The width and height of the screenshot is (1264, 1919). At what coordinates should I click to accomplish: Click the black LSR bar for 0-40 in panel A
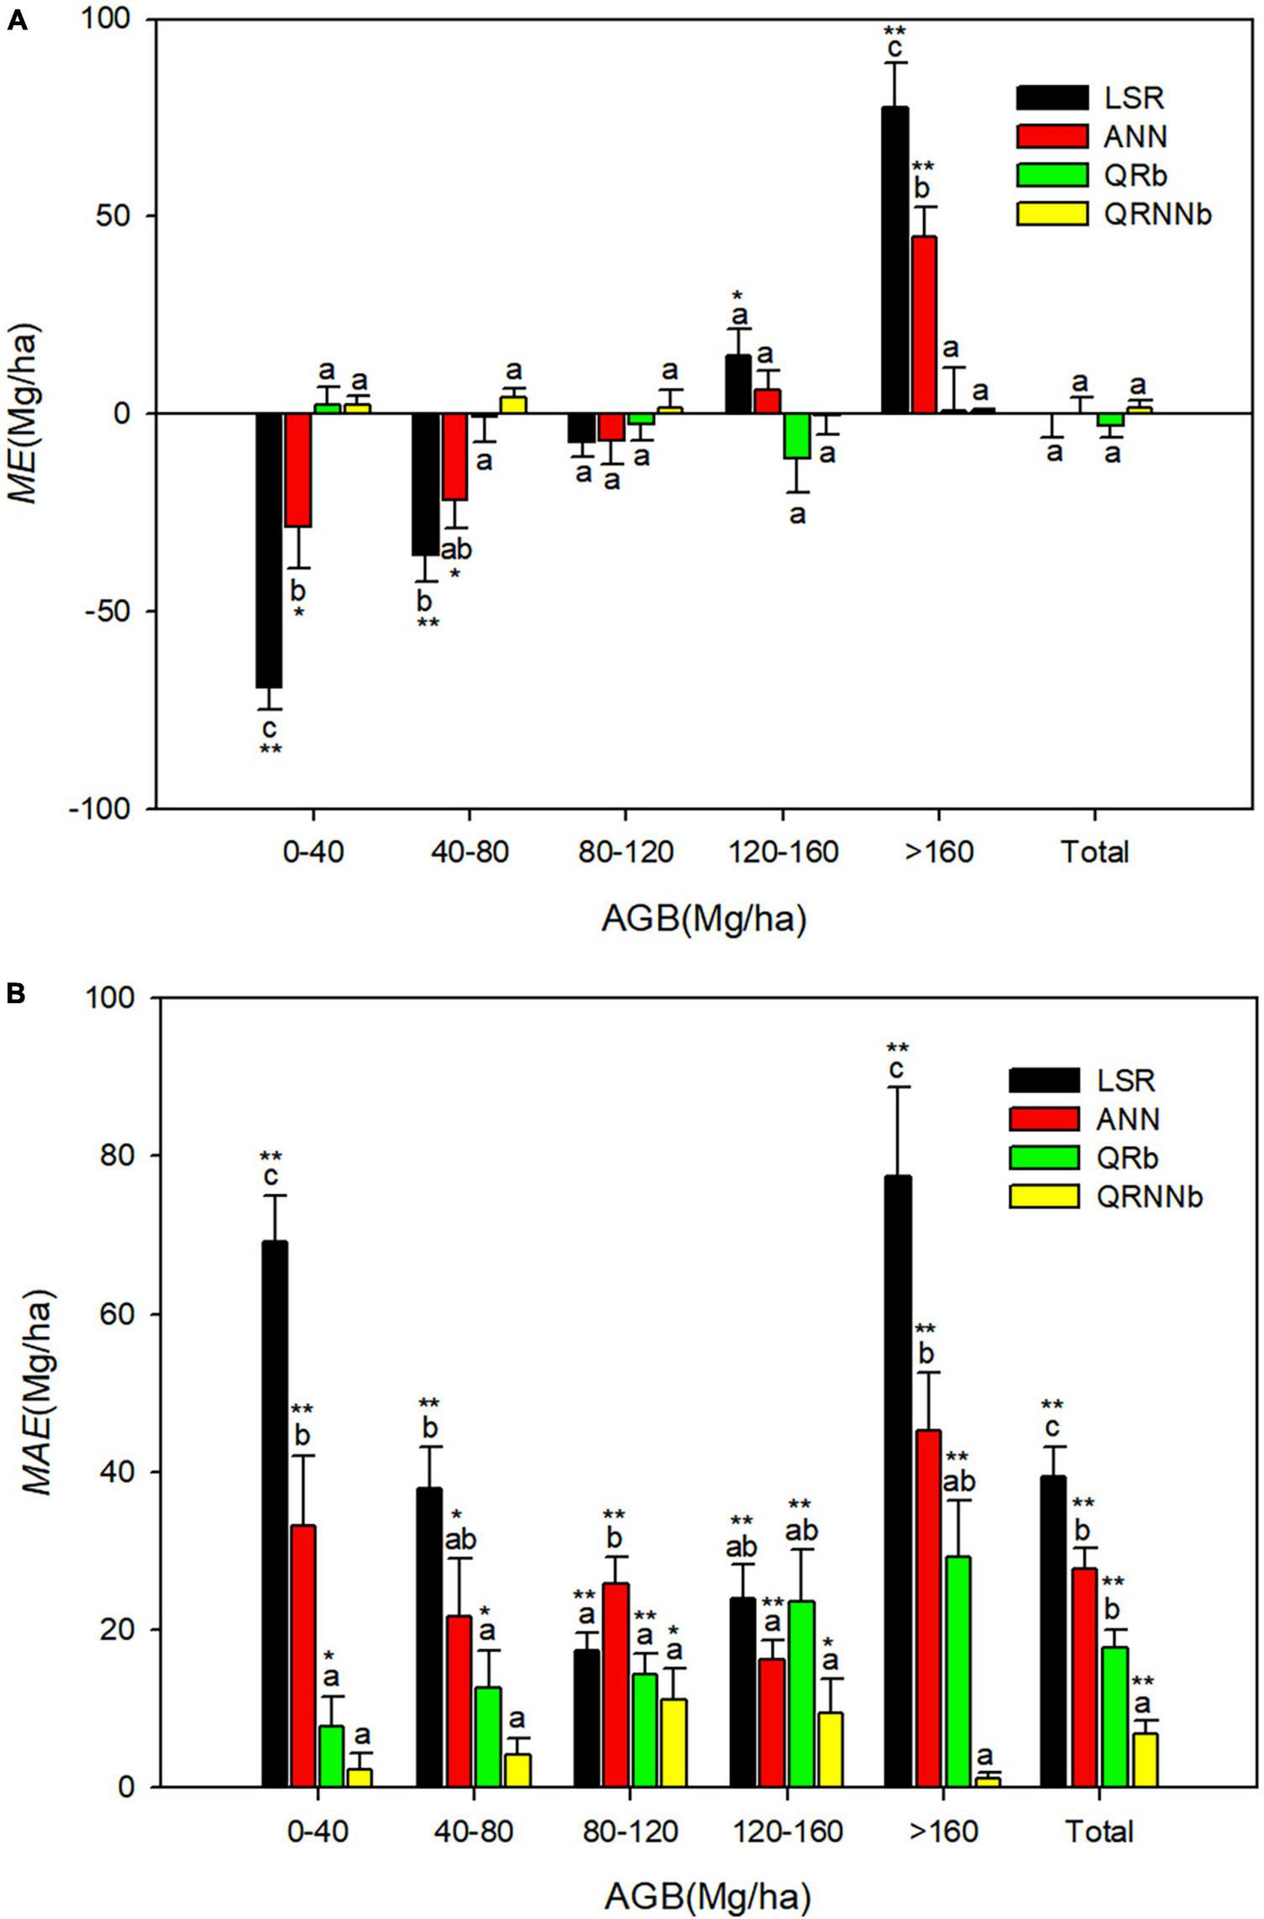click(x=269, y=550)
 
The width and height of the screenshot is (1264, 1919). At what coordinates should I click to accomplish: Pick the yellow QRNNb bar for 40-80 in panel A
click(x=513, y=404)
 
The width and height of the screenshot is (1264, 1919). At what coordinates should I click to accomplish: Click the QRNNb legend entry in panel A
click(x=1157, y=215)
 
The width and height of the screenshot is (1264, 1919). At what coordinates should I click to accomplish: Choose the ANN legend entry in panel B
click(x=1128, y=1119)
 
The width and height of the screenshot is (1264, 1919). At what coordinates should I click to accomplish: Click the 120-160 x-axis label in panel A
click(x=783, y=853)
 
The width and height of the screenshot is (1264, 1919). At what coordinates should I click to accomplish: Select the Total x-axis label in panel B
click(x=1099, y=1831)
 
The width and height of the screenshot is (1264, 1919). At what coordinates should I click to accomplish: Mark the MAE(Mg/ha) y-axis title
click(x=37, y=1391)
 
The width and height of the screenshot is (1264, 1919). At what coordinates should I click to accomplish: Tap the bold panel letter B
click(x=16, y=994)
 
